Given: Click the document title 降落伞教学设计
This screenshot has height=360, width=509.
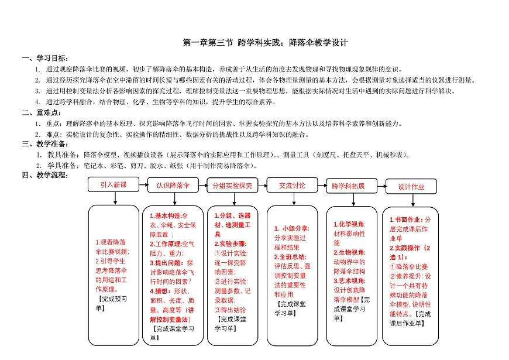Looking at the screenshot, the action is pos(265,43).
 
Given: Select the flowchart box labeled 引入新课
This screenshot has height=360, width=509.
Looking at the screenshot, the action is pos(113,184).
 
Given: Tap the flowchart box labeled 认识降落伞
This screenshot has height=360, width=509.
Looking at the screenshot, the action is pos(173,185).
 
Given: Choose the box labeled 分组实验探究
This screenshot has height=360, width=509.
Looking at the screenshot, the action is pos(232,185).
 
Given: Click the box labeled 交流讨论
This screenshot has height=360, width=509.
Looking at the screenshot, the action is pos(292,185).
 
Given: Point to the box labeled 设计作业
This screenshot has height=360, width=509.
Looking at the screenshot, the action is pos(411,186).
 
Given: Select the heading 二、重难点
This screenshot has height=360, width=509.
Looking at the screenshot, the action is pos(37,112).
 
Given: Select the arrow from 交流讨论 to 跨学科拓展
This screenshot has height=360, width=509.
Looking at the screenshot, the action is pos(321,186).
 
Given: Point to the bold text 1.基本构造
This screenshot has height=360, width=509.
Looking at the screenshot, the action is pos(166,216).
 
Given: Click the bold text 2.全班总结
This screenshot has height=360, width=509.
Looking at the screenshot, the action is pos(291,256).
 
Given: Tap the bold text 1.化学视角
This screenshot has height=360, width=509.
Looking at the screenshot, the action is pos(349,224).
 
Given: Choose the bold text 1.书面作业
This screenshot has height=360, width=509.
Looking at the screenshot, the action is pos(410,220).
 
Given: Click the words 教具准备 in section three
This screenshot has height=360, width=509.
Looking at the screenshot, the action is pos(65,155).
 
